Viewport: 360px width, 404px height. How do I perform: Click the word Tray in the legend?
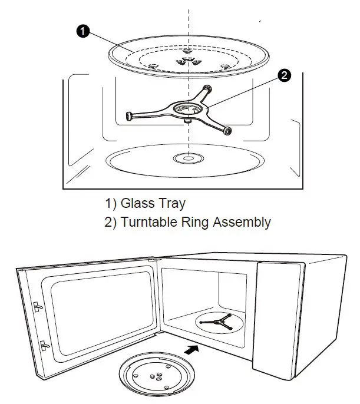(172, 204)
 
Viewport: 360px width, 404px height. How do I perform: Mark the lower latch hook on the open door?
(42, 343)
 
